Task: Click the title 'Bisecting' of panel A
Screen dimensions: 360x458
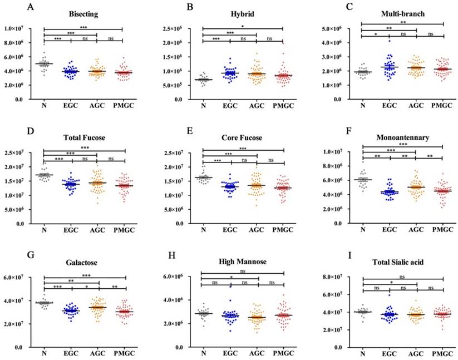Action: pyautogui.click(x=82, y=13)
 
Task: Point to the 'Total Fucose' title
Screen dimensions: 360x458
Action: pyautogui.click(x=82, y=137)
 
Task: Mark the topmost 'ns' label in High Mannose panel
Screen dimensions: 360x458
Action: pyautogui.click(x=243, y=271)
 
